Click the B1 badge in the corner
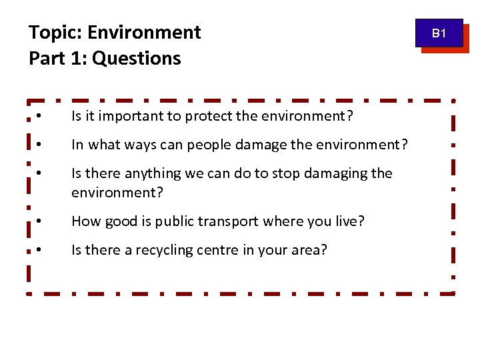[439, 33]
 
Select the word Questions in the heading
[137, 59]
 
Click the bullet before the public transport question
[40, 220]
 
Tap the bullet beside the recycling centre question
[40, 249]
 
